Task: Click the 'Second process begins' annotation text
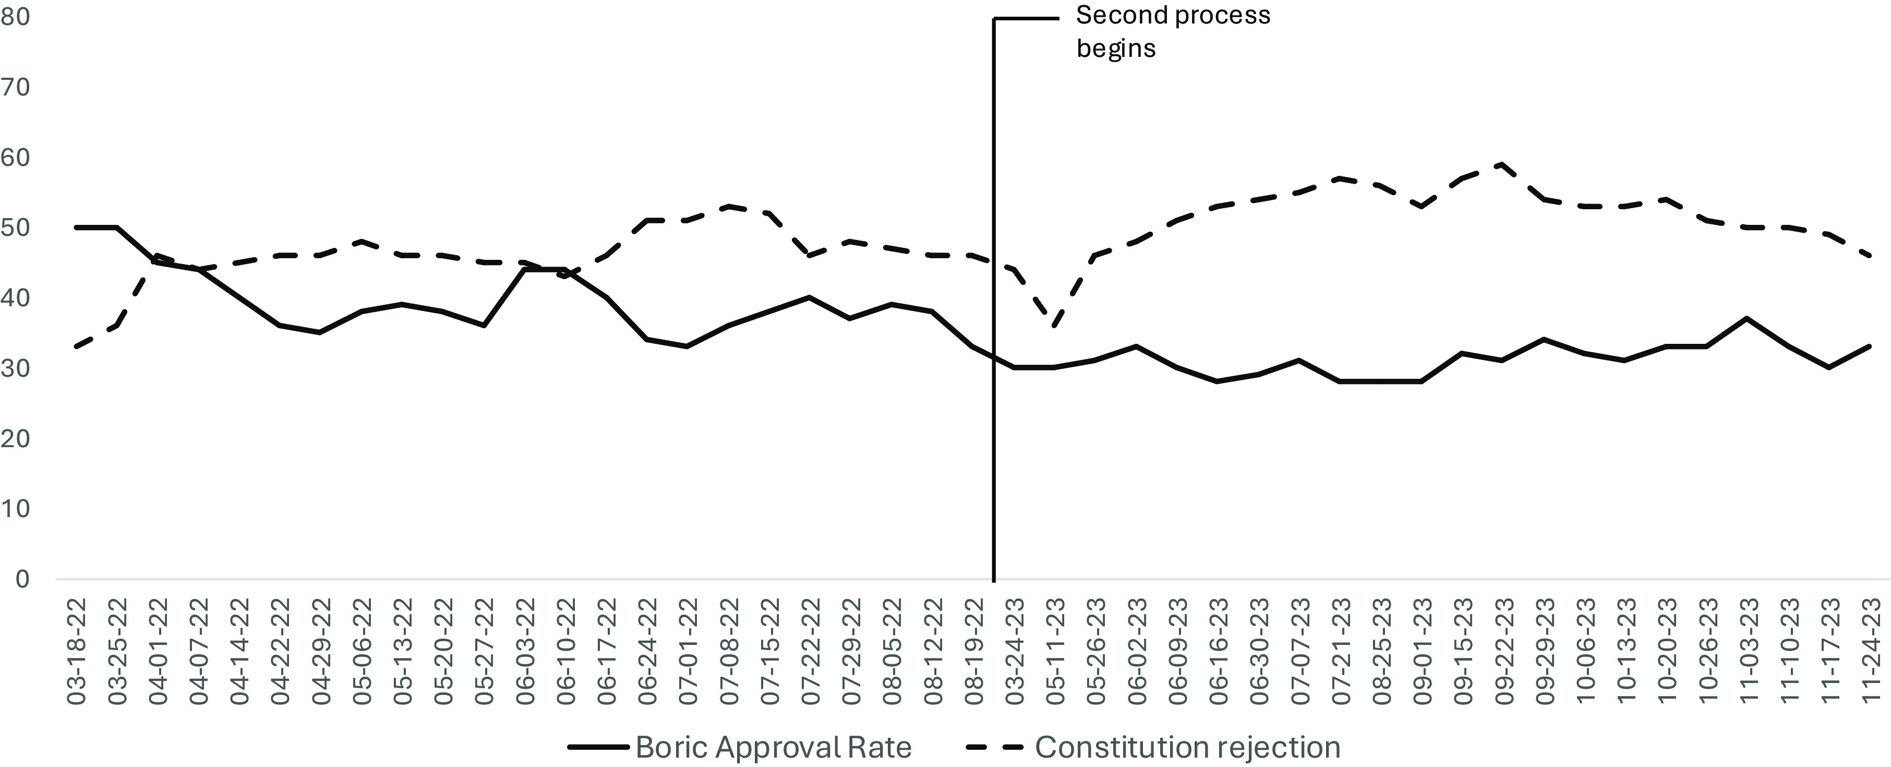(x=1172, y=31)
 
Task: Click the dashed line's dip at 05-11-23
(x=1055, y=326)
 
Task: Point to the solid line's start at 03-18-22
(x=76, y=227)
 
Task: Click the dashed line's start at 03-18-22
(x=76, y=346)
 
